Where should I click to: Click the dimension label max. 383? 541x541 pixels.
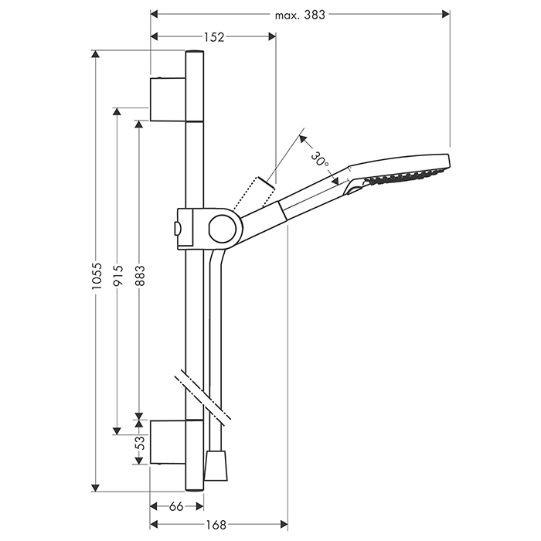[x=300, y=15]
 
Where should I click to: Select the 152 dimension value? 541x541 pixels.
[x=214, y=37]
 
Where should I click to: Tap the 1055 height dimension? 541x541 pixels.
[x=97, y=276]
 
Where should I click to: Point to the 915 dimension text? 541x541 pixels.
[x=118, y=275]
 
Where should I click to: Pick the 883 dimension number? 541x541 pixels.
[x=140, y=275]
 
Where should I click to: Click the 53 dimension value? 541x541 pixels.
[x=140, y=443]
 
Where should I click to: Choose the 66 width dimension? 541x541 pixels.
[x=176, y=506]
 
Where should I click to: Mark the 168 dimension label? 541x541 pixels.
[x=216, y=525]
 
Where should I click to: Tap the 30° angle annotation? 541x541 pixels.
[x=320, y=159]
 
